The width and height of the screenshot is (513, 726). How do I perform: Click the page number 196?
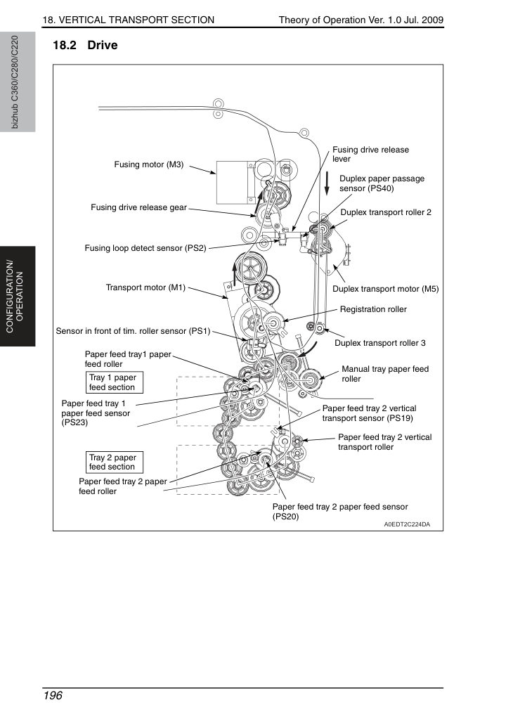tap(53, 696)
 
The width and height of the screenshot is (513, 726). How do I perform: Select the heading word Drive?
tap(103, 45)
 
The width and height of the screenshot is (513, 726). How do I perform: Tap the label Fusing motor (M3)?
tap(148, 164)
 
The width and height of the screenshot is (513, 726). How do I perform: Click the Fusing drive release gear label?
tap(139, 207)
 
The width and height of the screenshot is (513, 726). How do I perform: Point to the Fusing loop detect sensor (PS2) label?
tap(145, 248)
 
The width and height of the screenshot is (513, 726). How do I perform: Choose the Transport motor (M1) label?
tap(145, 287)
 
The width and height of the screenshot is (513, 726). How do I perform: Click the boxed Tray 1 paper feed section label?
tap(115, 382)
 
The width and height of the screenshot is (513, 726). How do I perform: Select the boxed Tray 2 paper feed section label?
tap(115, 462)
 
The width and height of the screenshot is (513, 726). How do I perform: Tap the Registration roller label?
tap(373, 309)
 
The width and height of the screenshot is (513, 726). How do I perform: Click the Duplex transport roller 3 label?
tap(380, 343)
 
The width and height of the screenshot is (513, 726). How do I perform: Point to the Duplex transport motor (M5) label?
tap(386, 289)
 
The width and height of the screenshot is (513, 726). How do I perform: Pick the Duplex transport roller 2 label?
tap(386, 212)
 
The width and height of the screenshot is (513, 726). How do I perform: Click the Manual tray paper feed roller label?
tap(385, 374)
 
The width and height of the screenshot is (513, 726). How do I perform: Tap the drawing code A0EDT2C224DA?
tap(407, 524)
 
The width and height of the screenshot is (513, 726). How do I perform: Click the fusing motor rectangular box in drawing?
tap(232, 183)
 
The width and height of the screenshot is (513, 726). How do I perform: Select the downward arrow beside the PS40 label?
tap(327, 183)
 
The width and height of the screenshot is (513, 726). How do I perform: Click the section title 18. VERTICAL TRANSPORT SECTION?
tap(128, 20)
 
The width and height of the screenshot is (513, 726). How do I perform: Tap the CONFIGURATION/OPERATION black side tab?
tap(18, 297)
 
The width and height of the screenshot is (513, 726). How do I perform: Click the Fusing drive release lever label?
tap(370, 154)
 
